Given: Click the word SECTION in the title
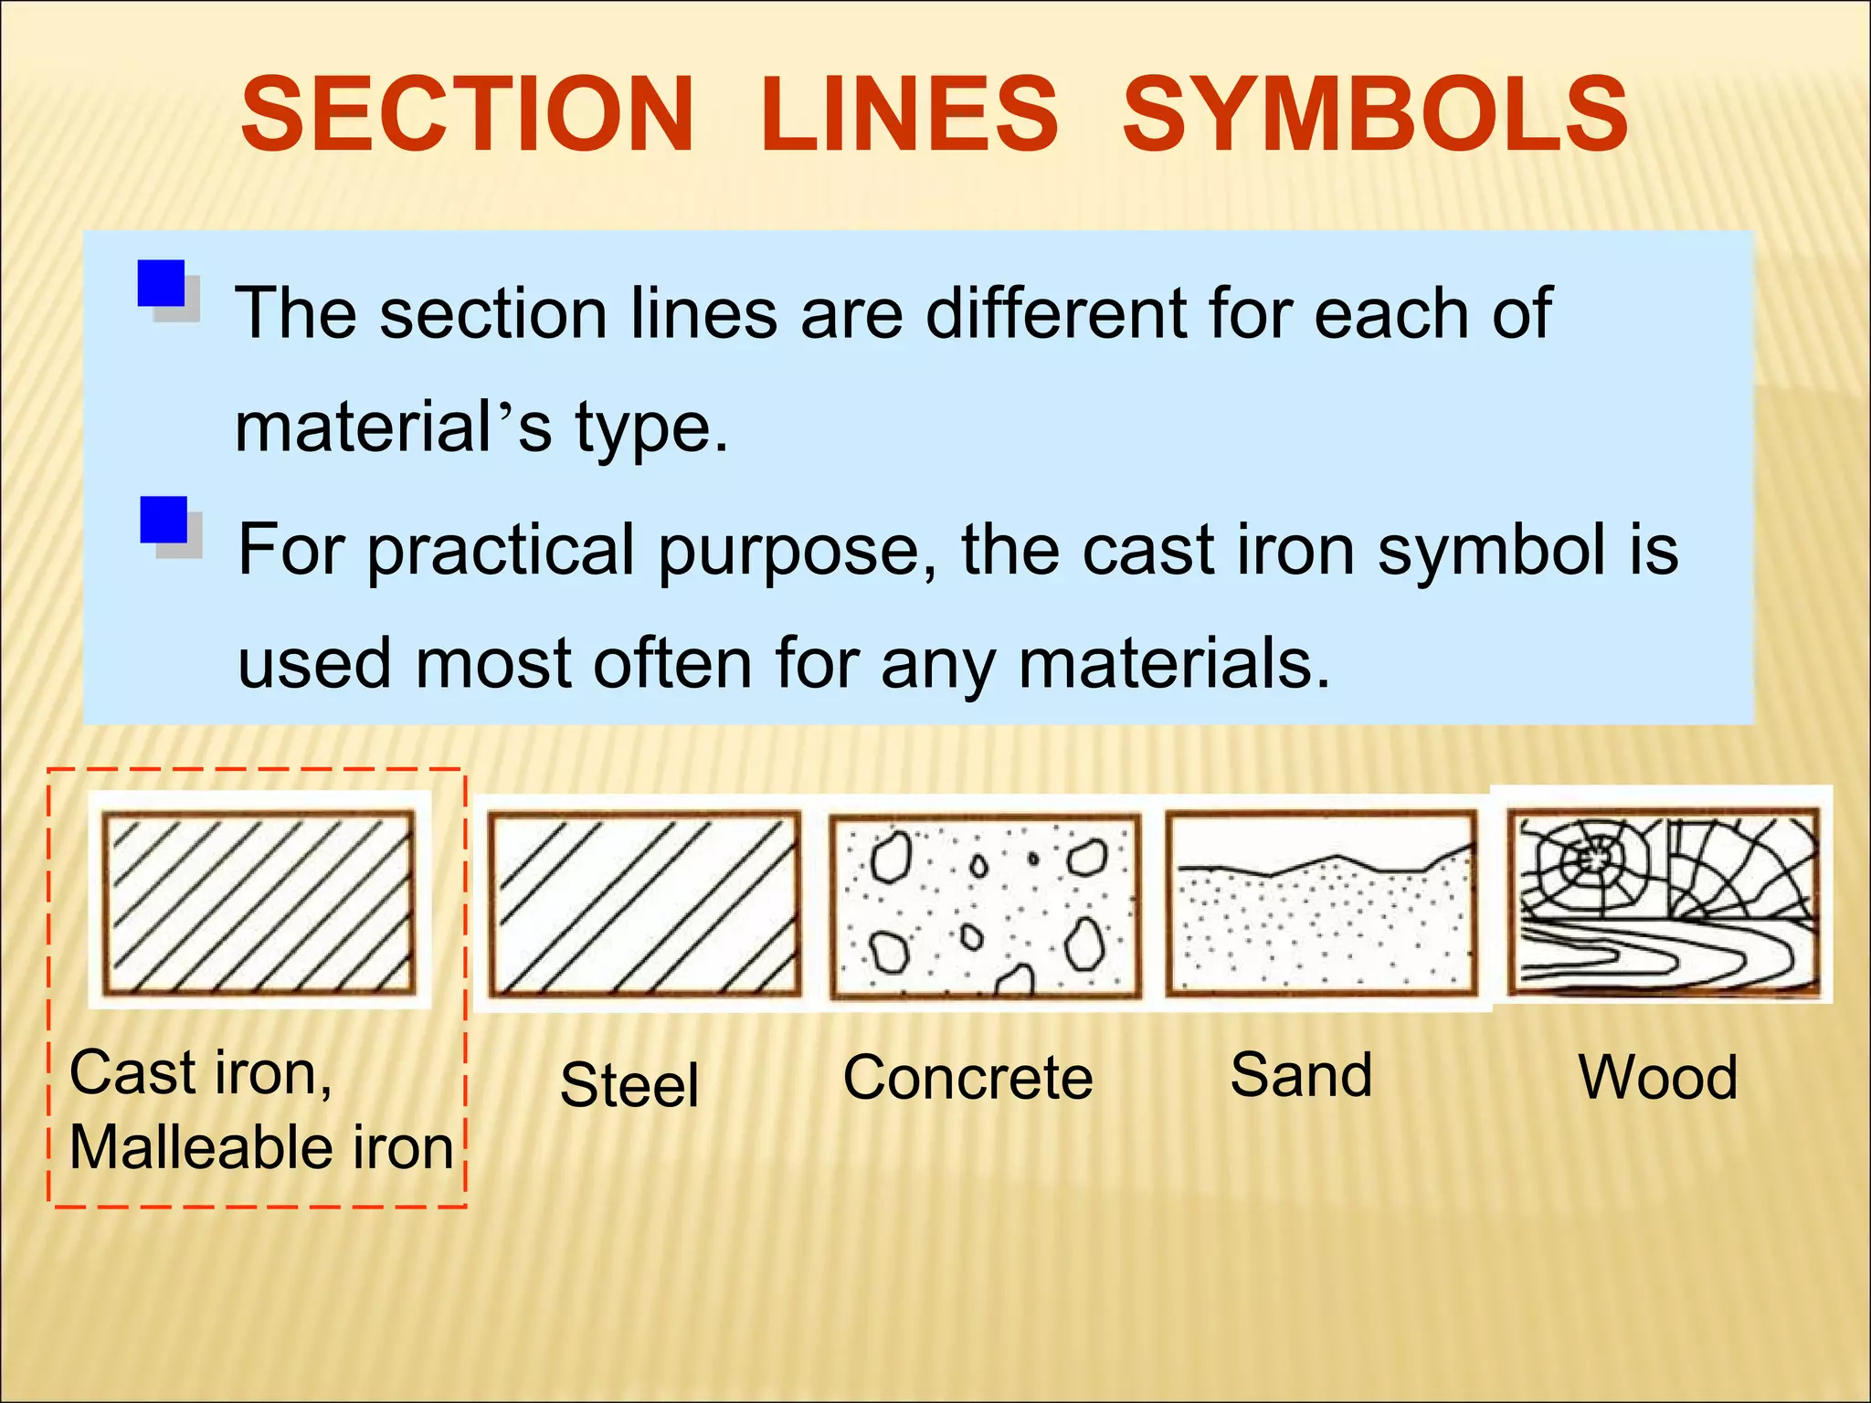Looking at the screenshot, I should pyautogui.click(x=468, y=115).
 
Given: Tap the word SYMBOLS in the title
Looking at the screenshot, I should pyautogui.click(x=1375, y=115).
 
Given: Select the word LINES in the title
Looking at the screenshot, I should pyautogui.click(x=908, y=115).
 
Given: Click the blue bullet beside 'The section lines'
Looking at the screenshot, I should pyautogui.click(x=162, y=284).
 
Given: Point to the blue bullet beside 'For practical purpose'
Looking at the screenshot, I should pyautogui.click(x=164, y=521).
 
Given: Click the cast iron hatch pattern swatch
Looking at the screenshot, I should pyautogui.click(x=259, y=902).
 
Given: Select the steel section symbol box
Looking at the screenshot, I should pyautogui.click(x=644, y=904).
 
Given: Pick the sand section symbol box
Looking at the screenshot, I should pyautogui.click(x=1321, y=902).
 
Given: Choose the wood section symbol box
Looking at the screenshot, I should pyautogui.click(x=1663, y=901).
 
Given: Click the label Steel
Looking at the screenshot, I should pyautogui.click(x=629, y=1085).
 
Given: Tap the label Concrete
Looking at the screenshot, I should pyautogui.click(x=967, y=1078).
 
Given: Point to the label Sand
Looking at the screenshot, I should pyautogui.click(x=1301, y=1075).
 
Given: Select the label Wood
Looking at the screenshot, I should pyautogui.click(x=1657, y=1078).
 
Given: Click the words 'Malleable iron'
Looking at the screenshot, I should pyautogui.click(x=261, y=1147).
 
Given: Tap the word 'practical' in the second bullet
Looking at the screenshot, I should pyautogui.click(x=502, y=551).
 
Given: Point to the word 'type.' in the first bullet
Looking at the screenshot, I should pyautogui.click(x=651, y=427).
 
